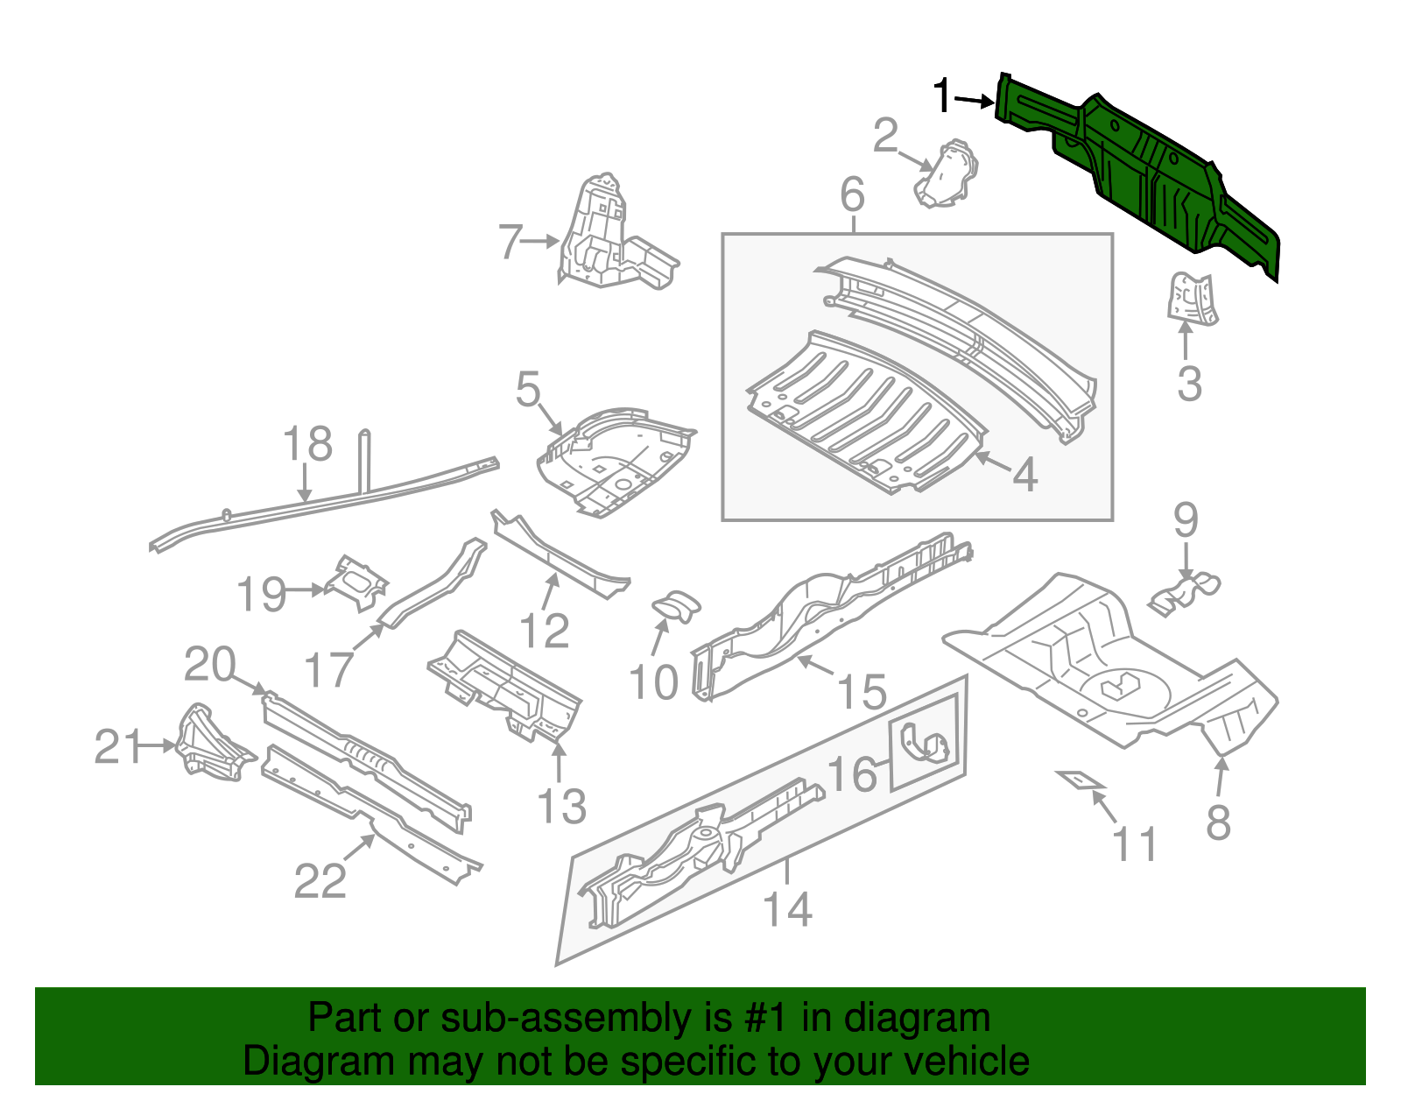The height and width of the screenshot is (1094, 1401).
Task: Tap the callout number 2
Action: click(885, 136)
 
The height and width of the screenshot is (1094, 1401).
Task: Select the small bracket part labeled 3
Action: click(1192, 298)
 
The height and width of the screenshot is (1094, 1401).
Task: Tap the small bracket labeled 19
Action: click(357, 582)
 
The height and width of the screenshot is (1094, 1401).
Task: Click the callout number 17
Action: click(328, 670)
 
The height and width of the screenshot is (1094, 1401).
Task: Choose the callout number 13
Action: click(560, 806)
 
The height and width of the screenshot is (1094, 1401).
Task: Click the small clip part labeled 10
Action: click(678, 604)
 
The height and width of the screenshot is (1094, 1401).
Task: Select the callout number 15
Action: click(862, 692)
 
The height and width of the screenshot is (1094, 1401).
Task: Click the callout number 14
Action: click(788, 909)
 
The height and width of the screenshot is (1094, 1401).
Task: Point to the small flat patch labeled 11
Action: click(1079, 779)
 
